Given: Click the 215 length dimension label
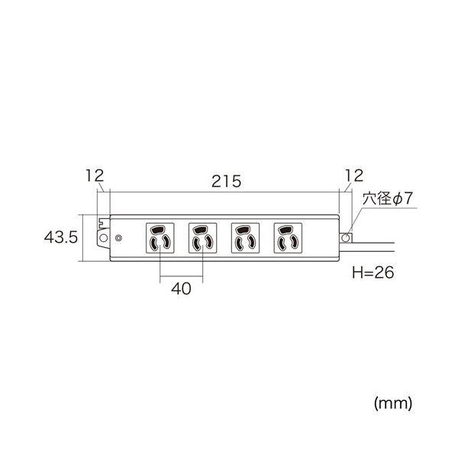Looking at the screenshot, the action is coord(227,181).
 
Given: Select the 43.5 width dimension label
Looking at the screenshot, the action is coord(61,237).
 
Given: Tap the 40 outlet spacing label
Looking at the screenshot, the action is coord(181,289).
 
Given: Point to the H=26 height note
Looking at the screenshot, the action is coord(373,273).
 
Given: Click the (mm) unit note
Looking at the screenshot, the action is coord(393,403).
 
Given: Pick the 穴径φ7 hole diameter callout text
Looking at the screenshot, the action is coord(387,198).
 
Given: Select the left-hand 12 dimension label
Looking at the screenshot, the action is coord(95,176).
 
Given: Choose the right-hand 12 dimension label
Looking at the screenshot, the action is coord(354,176).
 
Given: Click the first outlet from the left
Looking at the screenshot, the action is coord(160,238).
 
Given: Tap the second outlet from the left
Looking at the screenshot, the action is coord(203,238).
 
